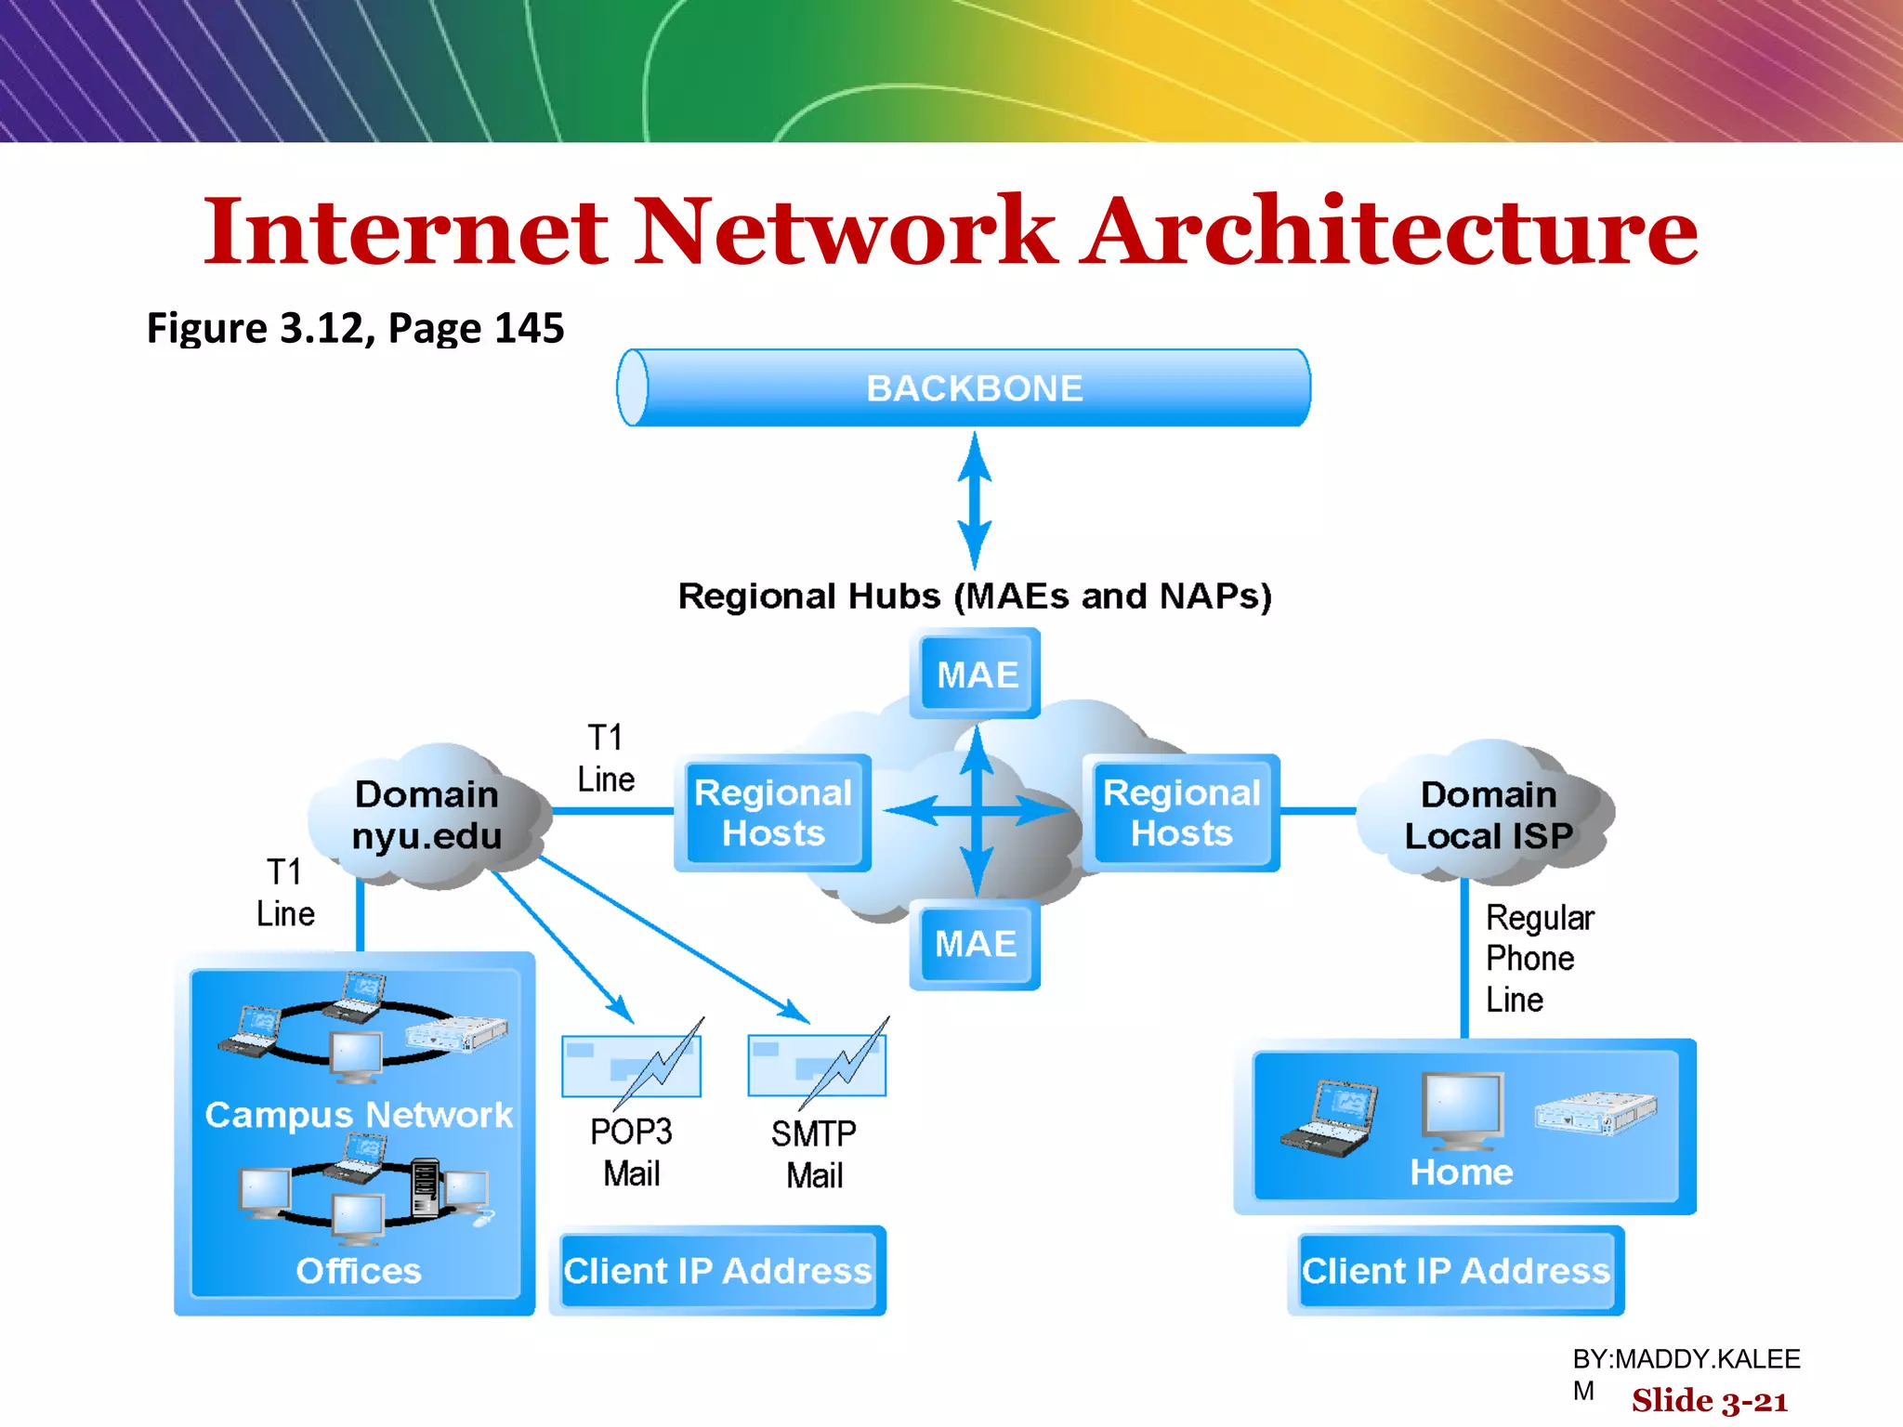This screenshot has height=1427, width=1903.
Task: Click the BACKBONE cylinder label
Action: [x=974, y=388]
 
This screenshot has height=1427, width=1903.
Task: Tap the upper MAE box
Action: [x=976, y=674]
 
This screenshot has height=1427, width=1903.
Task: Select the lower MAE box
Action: [x=975, y=944]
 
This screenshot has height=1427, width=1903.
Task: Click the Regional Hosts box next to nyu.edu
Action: [x=773, y=813]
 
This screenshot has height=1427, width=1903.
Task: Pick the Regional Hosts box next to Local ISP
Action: [x=1181, y=813]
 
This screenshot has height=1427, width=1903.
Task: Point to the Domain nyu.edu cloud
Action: [x=427, y=815]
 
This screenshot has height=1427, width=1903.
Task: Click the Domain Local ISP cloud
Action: [x=1488, y=815]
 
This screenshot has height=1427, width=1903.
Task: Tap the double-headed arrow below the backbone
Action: [x=974, y=500]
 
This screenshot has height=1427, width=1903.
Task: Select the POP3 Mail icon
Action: [x=633, y=1064]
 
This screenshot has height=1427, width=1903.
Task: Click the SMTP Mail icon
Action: [x=818, y=1064]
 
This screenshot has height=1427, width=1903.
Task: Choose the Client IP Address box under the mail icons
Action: [x=717, y=1270]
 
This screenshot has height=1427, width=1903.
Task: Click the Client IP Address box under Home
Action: [x=1455, y=1270]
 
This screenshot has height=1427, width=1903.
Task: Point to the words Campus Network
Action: [x=359, y=1114]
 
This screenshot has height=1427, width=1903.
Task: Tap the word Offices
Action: [x=359, y=1270]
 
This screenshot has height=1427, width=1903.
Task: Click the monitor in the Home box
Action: [x=1462, y=1110]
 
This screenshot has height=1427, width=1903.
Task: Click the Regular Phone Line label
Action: [x=1538, y=959]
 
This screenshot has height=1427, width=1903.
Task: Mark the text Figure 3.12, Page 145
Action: [x=355, y=328]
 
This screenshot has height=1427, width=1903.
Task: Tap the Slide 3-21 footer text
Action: [x=1710, y=1400]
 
